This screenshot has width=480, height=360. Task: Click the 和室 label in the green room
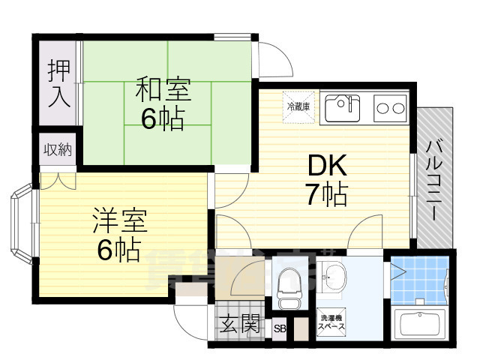[x=163, y=90]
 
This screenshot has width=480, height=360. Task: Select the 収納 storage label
[x=57, y=150]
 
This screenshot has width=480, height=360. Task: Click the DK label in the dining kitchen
[x=325, y=166]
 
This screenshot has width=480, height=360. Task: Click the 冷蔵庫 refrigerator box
[x=294, y=106]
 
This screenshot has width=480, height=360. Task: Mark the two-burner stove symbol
[x=389, y=108]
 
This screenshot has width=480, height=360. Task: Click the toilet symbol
[x=289, y=286]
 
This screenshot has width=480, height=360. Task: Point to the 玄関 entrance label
[x=240, y=324]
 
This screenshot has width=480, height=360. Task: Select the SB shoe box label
[x=280, y=328]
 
